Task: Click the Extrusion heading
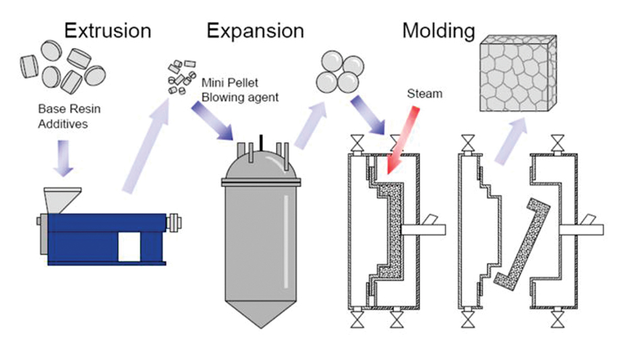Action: (107, 30)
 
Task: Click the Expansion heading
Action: (255, 30)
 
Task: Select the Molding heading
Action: (438, 30)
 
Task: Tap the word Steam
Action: (424, 94)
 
